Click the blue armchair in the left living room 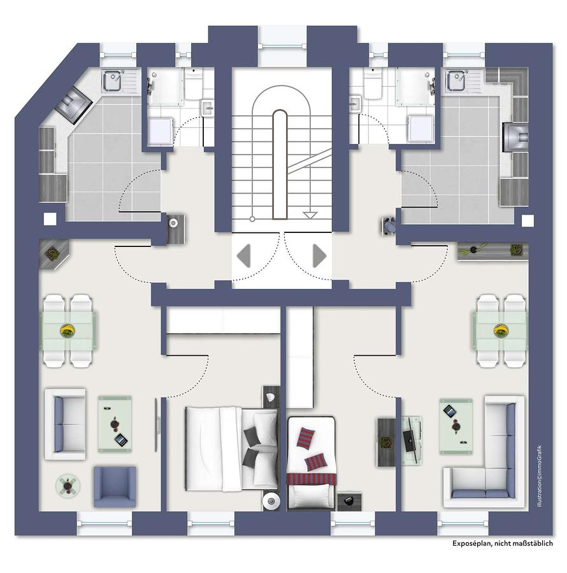115,486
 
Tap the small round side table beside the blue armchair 68,486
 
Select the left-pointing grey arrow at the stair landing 244,255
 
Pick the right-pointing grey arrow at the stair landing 319,255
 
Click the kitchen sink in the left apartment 111,80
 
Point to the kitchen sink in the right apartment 456,80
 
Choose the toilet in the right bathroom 373,85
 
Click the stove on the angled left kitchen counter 73,104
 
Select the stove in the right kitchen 515,137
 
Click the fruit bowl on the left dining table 68,330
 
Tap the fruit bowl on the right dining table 500,330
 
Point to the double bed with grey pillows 232,448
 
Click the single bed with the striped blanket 311,462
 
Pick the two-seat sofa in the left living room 65,424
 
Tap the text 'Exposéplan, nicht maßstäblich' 502,544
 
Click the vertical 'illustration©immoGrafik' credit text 540,476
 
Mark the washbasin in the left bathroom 208,108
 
